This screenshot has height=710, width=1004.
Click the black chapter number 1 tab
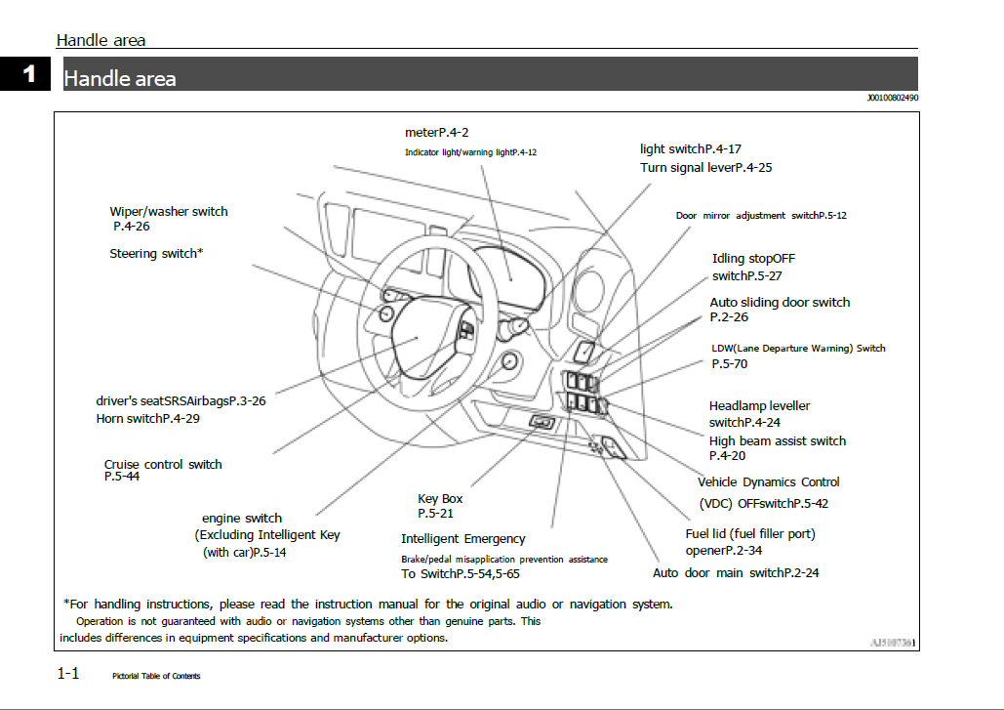pos(29,74)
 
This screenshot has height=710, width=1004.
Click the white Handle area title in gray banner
pos(120,78)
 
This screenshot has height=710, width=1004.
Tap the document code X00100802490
pos(892,99)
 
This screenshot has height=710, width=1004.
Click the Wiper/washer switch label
pos(169,211)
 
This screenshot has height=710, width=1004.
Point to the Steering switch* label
pos(156,253)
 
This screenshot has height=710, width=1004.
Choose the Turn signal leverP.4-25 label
pos(705,167)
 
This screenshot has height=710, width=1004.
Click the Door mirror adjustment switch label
pos(761,215)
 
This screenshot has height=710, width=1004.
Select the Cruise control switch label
pos(163,464)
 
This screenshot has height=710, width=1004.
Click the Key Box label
pos(440,499)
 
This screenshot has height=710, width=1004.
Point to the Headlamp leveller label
pos(759,405)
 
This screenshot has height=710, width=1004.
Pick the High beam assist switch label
pos(777,440)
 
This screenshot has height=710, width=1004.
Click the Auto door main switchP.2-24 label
pos(736,572)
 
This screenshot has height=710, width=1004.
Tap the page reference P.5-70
pos(729,363)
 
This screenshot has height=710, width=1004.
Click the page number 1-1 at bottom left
pos(68,673)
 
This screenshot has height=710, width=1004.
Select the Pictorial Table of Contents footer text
pos(156,676)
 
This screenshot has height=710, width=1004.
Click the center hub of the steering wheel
pos(420,337)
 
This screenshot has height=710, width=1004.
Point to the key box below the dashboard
pos(542,421)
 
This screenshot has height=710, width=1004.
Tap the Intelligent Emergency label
pos(462,538)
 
